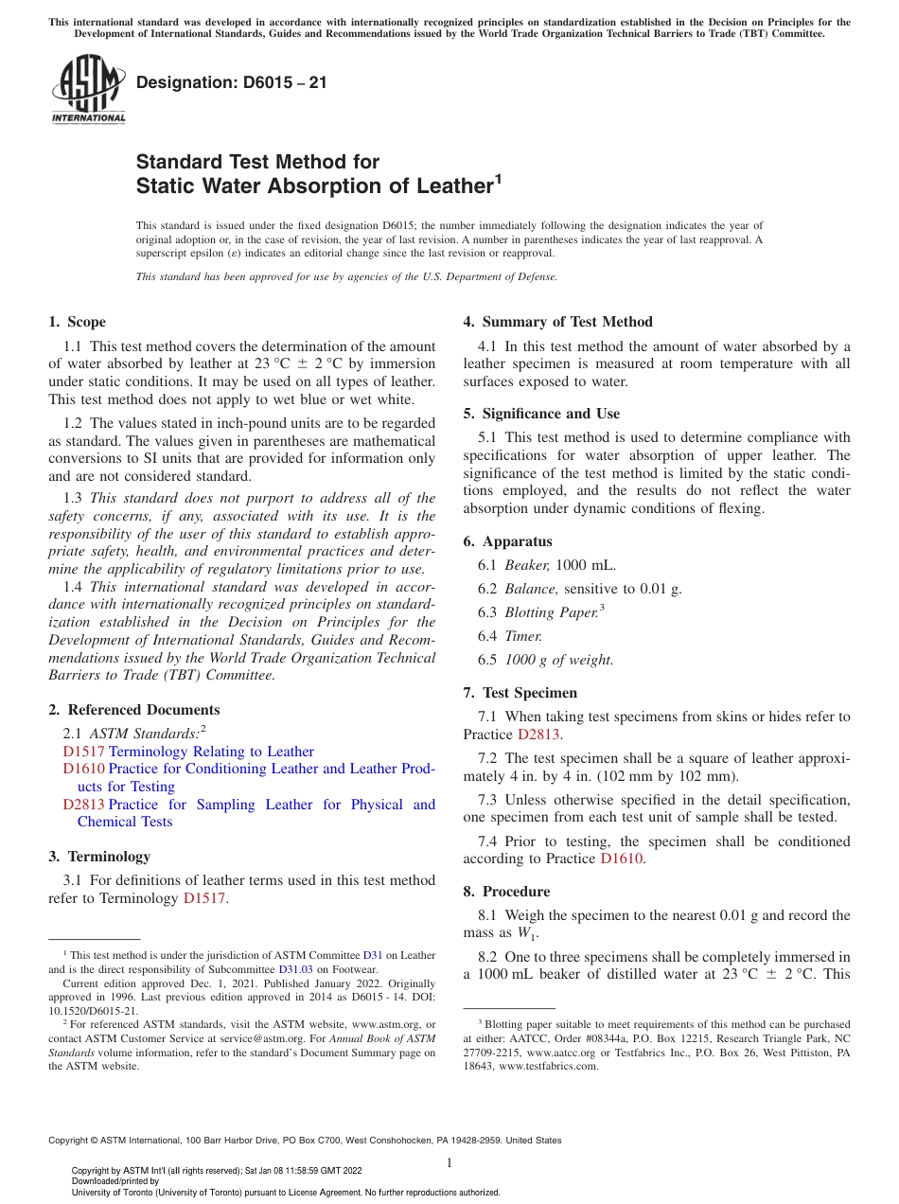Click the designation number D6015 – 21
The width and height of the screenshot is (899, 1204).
[x=232, y=82]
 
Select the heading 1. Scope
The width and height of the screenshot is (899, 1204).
[x=78, y=322]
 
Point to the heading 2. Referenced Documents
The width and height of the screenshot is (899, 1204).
[x=134, y=710]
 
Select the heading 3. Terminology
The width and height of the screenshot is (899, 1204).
[x=99, y=857]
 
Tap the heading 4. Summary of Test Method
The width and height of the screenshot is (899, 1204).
[x=557, y=322]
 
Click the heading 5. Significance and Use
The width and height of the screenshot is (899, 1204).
[x=541, y=414]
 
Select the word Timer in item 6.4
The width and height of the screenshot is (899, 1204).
[x=523, y=636]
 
